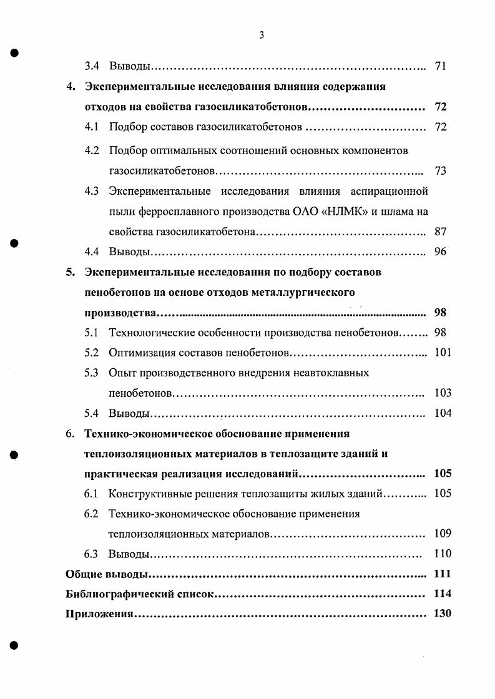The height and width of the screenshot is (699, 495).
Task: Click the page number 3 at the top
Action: tap(262, 36)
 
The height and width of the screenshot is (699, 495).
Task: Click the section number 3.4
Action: tap(92, 66)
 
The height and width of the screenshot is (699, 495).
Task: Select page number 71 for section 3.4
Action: tap(440, 66)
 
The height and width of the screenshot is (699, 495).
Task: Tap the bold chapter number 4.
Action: tap(71, 87)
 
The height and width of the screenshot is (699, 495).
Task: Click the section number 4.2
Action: tap(92, 150)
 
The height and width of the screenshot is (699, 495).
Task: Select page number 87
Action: tap(440, 232)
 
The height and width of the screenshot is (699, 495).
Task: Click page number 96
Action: tap(440, 252)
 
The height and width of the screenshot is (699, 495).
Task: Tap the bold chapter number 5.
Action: tap(71, 272)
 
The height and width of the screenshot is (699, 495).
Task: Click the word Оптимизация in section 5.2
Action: tap(137, 353)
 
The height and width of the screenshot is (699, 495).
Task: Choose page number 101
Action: tap(443, 353)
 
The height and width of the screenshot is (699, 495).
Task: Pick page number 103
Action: tap(443, 393)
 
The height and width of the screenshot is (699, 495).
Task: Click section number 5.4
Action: tap(92, 413)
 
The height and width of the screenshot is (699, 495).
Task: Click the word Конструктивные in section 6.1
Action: tap(147, 494)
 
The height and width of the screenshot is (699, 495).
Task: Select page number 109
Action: tap(443, 534)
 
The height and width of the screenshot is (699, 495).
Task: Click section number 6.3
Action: tap(92, 554)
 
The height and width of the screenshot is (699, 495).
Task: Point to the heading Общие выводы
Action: tap(107, 574)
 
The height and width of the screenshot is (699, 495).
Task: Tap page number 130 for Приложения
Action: tap(442, 614)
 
